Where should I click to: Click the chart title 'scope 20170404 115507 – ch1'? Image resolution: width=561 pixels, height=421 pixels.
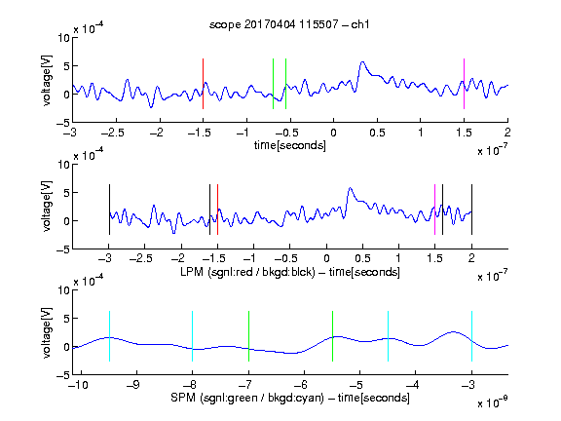[x=289, y=24]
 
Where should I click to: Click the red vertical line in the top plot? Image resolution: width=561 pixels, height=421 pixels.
[x=203, y=84]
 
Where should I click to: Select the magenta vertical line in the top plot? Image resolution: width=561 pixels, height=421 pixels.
[x=464, y=84]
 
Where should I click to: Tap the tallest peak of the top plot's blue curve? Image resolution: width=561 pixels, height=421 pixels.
[x=362, y=62]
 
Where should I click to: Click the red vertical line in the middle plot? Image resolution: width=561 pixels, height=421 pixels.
[x=217, y=210]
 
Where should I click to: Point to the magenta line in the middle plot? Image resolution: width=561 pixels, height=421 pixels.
[x=434, y=210]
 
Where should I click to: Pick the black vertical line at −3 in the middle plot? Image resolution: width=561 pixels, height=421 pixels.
[x=109, y=210]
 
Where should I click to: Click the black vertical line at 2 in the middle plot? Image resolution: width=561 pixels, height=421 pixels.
[x=471, y=210]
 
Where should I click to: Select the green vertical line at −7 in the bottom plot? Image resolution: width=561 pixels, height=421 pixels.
[x=248, y=336]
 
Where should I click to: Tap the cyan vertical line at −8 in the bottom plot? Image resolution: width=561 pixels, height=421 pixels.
[x=192, y=336]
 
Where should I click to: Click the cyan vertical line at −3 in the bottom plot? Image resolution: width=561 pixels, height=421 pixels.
[x=471, y=336]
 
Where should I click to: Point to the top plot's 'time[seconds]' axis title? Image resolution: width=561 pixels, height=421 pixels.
[x=290, y=145]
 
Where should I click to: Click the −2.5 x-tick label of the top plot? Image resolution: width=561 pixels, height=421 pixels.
[x=113, y=133]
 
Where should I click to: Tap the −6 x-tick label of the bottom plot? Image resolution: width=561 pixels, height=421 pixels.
[x=304, y=385]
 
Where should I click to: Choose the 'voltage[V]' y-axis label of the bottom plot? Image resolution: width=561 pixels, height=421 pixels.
[x=47, y=333]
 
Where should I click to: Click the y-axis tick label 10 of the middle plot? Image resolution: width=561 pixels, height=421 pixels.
[x=63, y=165]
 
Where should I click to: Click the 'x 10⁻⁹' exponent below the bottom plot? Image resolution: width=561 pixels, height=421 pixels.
[x=493, y=402]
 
